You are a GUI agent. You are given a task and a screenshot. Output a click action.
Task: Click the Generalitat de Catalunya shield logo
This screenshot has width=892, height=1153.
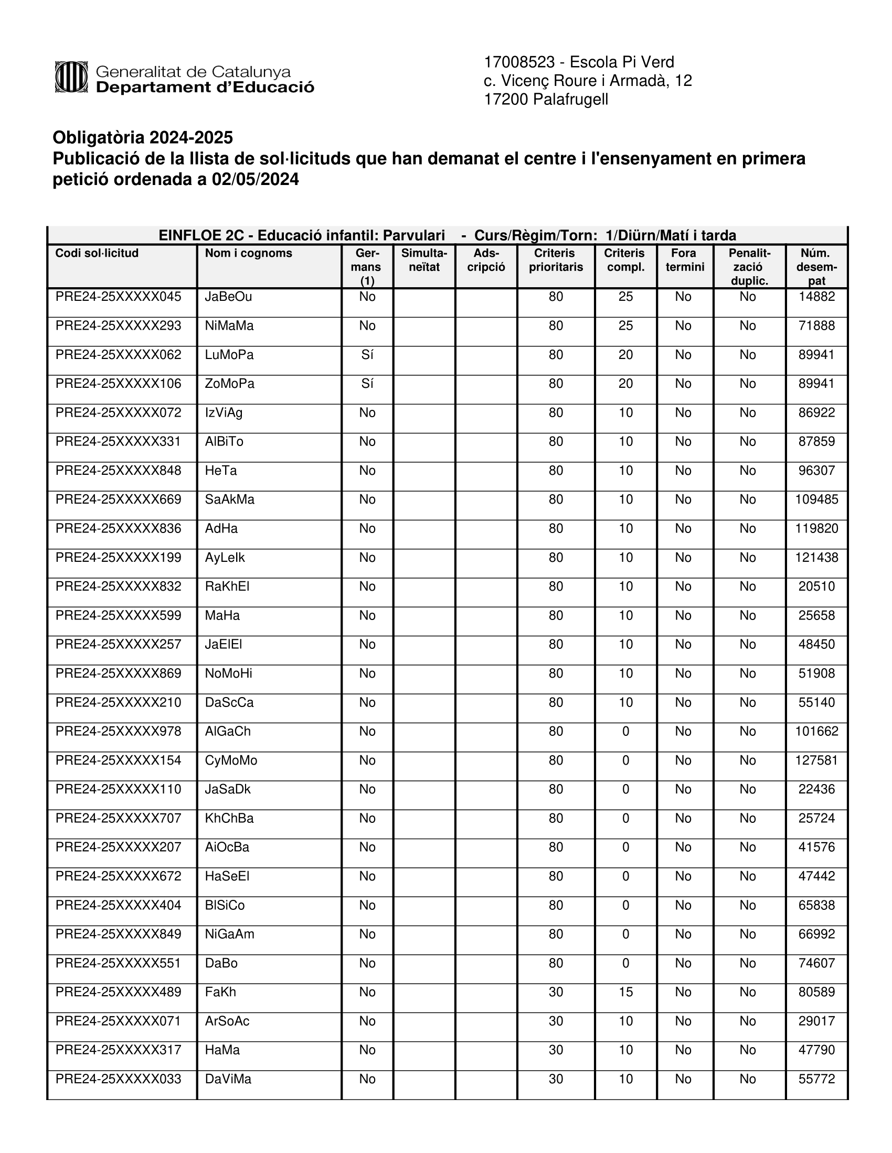click(x=71, y=77)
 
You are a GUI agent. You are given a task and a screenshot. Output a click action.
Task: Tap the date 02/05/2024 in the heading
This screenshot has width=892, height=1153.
click(x=255, y=179)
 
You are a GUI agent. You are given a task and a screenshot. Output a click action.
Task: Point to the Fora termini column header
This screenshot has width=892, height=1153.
click(x=684, y=260)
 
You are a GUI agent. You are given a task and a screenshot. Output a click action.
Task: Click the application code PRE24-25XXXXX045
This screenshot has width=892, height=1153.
click(x=119, y=297)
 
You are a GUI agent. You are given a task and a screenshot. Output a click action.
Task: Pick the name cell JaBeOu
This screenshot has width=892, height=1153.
click(x=228, y=297)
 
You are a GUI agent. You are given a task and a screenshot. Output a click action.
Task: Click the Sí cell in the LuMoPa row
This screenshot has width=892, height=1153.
click(x=367, y=355)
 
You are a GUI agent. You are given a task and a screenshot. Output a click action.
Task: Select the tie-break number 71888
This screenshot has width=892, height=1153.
click(x=816, y=326)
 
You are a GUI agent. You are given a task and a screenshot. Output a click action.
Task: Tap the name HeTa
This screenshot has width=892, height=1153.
click(x=221, y=471)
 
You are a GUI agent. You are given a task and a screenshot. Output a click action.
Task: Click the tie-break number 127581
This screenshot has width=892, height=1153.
click(x=816, y=760)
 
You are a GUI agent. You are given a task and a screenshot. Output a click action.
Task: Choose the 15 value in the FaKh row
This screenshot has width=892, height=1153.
click(x=625, y=992)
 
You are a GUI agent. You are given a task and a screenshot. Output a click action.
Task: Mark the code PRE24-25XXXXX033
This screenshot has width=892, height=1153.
click(x=119, y=1079)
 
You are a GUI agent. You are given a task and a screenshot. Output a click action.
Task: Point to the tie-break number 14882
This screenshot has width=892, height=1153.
click(x=816, y=297)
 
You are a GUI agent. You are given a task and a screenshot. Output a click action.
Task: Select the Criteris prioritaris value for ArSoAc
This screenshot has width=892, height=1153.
click(x=555, y=1021)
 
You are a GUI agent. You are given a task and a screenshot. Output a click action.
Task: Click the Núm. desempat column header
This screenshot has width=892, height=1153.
click(x=816, y=267)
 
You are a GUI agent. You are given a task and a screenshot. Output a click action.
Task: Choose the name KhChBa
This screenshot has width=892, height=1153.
click(x=229, y=818)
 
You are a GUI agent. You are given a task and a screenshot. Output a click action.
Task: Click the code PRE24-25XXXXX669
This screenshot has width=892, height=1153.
click(x=119, y=499)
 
